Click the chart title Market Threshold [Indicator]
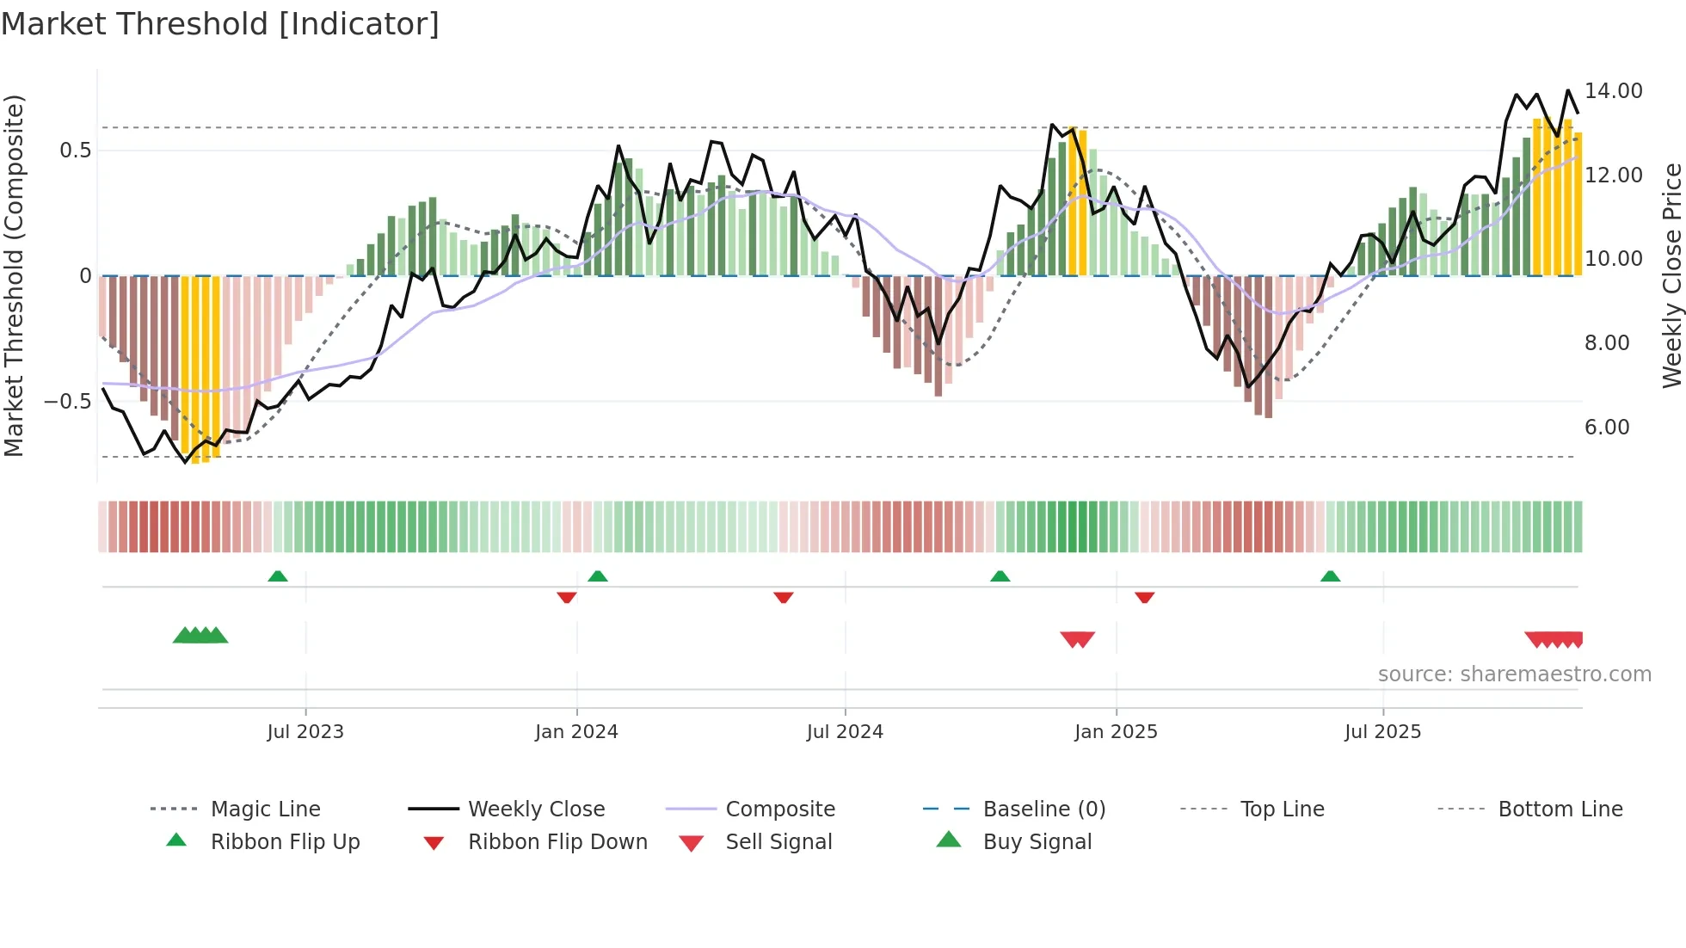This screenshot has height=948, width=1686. point(220,24)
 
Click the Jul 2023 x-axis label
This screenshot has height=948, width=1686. point(305,732)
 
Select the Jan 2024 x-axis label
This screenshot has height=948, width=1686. point(576,732)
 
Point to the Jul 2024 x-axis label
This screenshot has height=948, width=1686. point(845,732)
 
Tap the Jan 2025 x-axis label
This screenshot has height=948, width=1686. point(1116,732)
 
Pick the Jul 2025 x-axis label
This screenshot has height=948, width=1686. point(1382,732)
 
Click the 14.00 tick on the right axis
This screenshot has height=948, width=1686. point(1613,91)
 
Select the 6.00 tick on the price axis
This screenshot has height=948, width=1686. point(1606,428)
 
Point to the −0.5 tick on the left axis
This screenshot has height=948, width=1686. point(67,402)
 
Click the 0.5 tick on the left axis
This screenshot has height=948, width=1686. point(75,151)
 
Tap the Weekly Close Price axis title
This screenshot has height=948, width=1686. point(1671,275)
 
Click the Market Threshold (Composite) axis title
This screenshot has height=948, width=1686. point(14,275)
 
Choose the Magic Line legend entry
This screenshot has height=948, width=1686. point(265,809)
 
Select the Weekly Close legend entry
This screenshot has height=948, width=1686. point(536,809)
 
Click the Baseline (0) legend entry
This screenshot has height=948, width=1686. point(1043,809)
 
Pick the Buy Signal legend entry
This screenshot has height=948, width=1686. point(1037,842)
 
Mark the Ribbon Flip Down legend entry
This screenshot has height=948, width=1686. point(557,842)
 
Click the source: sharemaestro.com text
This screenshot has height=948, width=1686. point(1514,674)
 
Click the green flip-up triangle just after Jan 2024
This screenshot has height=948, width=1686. point(598,576)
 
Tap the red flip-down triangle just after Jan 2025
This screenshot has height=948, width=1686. point(1144,597)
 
